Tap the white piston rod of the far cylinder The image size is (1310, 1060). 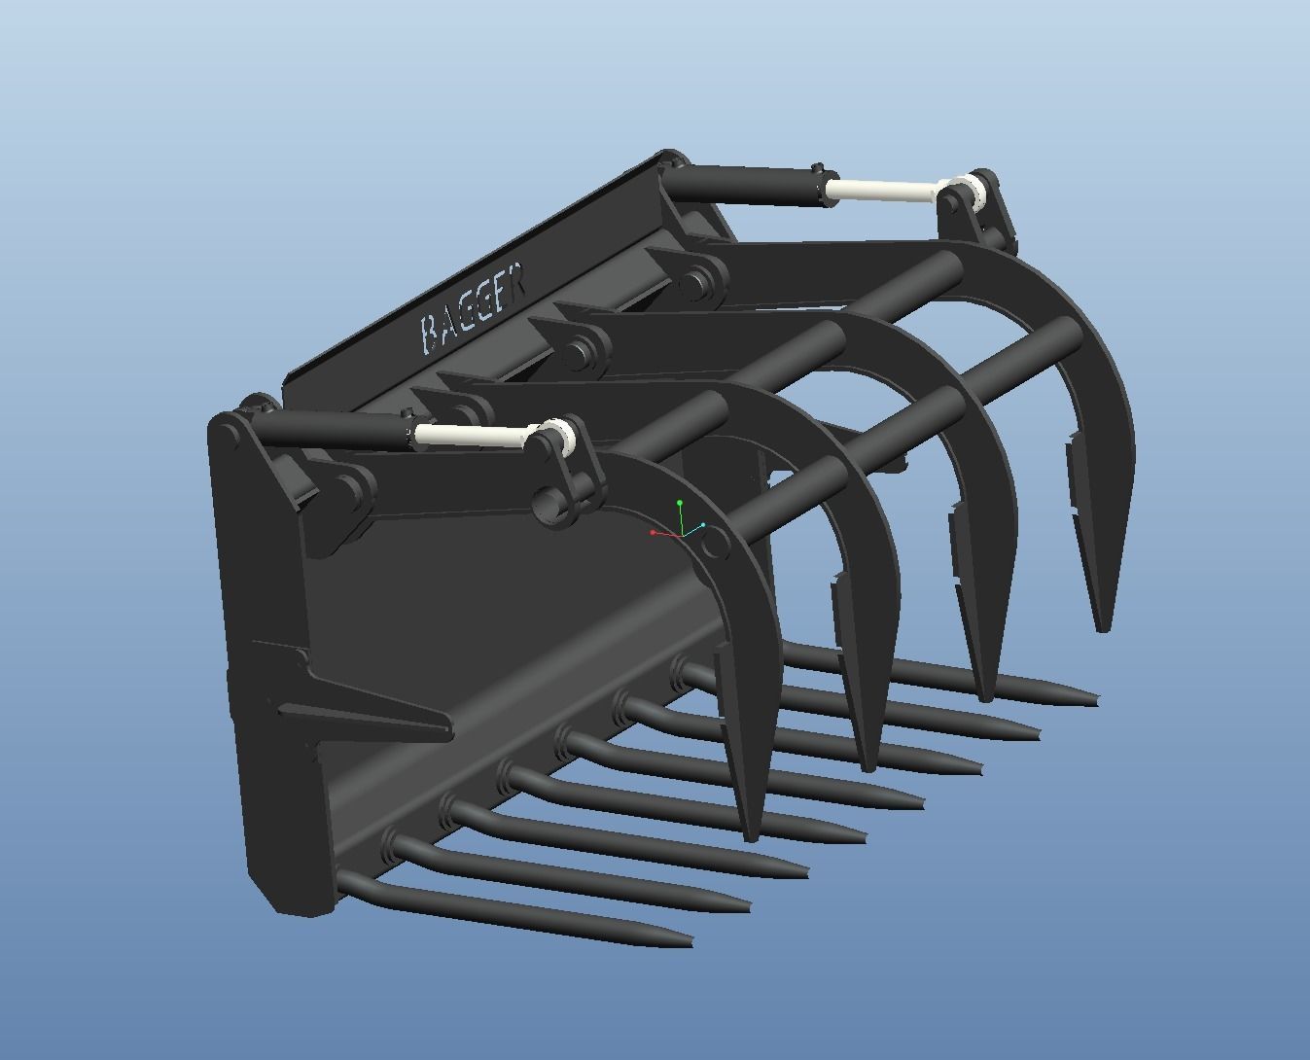click(x=885, y=191)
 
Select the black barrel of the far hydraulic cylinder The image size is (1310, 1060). click(x=743, y=185)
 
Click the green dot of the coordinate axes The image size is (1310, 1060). click(x=680, y=503)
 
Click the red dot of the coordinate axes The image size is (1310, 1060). click(x=652, y=533)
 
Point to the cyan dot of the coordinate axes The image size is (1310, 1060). click(x=703, y=525)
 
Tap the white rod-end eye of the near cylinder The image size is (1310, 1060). click(x=557, y=437)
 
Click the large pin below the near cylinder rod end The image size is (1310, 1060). click(x=549, y=505)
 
